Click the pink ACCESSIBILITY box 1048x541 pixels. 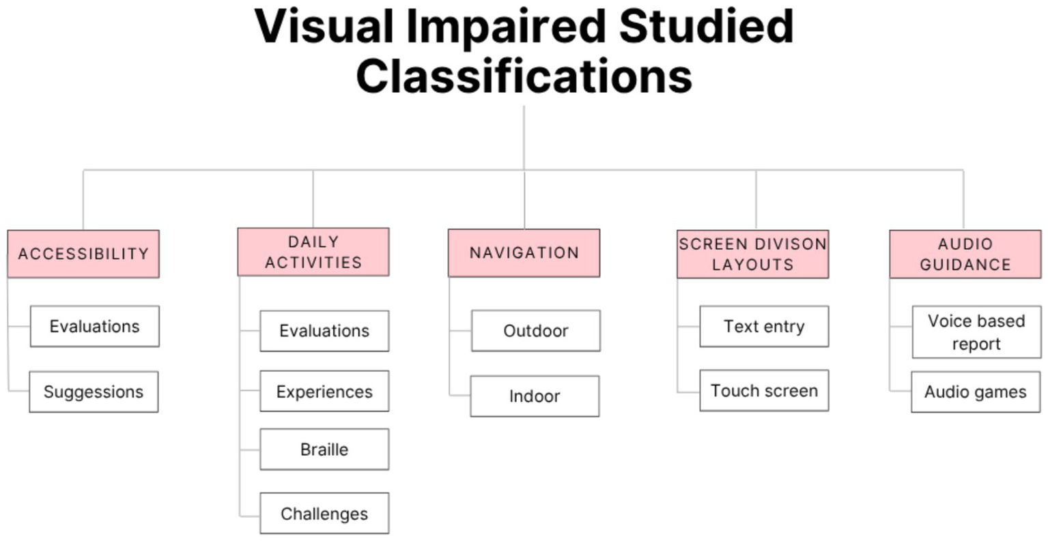click(x=83, y=254)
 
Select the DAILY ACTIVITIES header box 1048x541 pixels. click(x=313, y=252)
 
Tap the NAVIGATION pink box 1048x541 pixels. click(x=524, y=253)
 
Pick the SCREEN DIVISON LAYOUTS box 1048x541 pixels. click(x=752, y=254)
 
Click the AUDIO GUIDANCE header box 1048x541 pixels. click(x=965, y=254)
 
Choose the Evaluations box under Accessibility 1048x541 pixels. click(x=94, y=326)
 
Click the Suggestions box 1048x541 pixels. click(x=94, y=392)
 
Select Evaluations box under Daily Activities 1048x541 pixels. click(x=324, y=331)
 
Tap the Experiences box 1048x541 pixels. click(x=324, y=392)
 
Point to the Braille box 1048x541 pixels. click(x=324, y=450)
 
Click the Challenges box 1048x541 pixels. click(x=324, y=514)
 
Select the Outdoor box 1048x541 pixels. click(x=535, y=331)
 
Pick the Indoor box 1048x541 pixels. click(x=535, y=396)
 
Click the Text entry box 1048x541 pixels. click(x=764, y=326)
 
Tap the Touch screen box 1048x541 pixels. click(x=764, y=391)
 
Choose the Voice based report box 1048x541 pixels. click(x=976, y=332)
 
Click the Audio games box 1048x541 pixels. click(x=976, y=392)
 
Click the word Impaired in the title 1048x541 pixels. click(x=505, y=27)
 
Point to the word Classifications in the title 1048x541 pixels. click(x=524, y=76)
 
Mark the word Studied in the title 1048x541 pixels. click(x=706, y=27)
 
